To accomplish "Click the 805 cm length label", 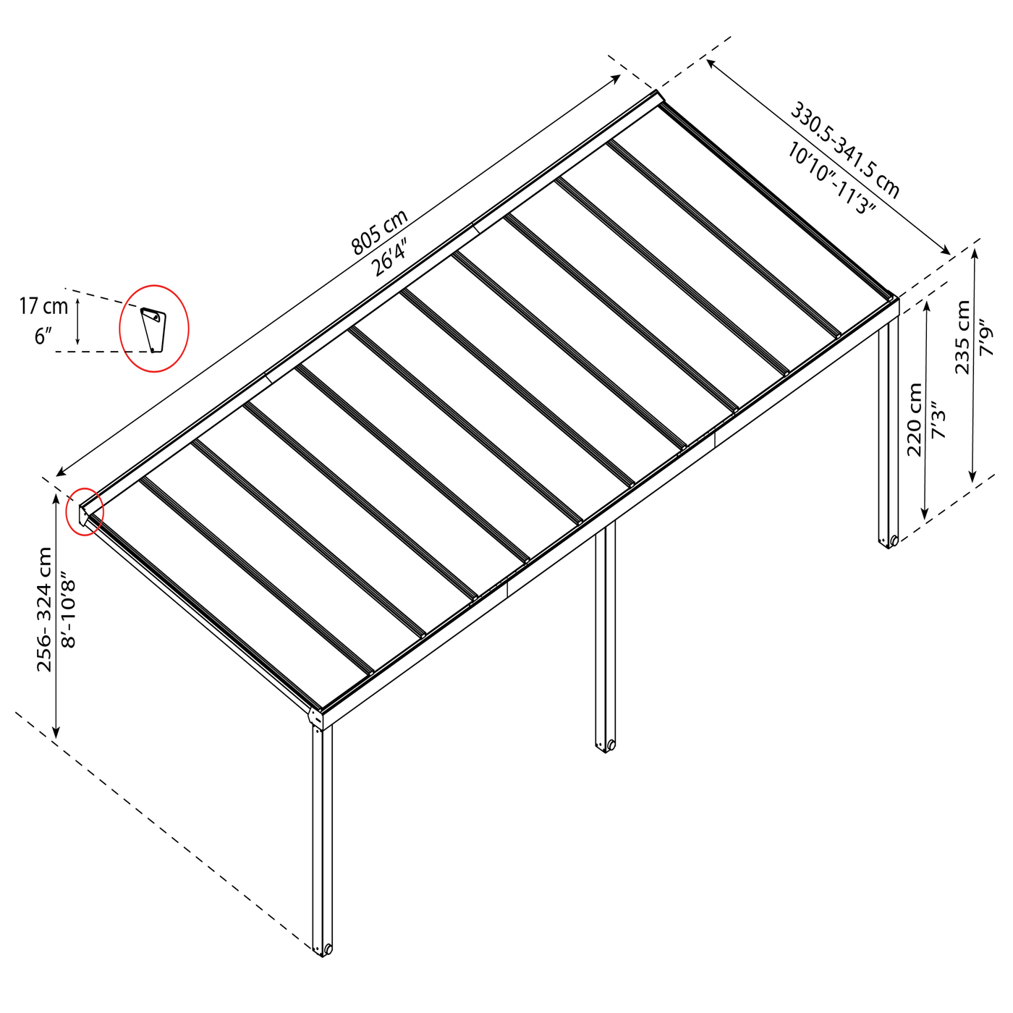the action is (x=379, y=232).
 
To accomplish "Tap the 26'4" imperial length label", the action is (x=389, y=257).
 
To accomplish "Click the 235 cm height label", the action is (x=962, y=337).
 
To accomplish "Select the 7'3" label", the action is (x=938, y=420).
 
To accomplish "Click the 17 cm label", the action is (x=44, y=306).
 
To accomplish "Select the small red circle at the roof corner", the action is (x=84, y=512).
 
